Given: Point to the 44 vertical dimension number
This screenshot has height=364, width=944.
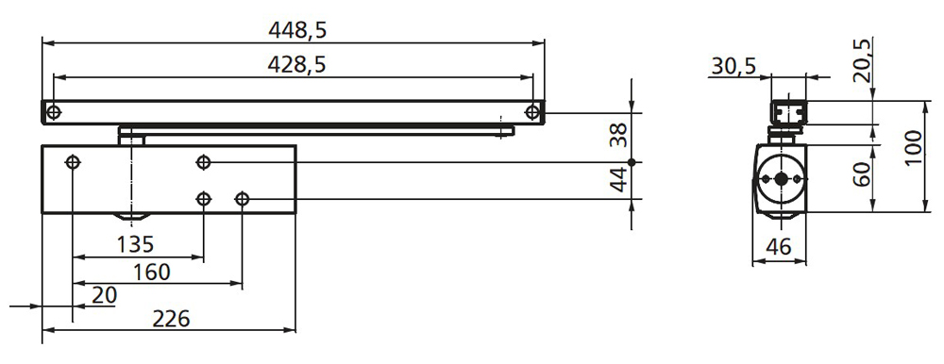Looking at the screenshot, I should pyautogui.click(x=618, y=181).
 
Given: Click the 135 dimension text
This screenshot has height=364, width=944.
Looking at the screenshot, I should pyautogui.click(x=136, y=245).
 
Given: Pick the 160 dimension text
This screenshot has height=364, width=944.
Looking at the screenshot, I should pyautogui.click(x=151, y=273).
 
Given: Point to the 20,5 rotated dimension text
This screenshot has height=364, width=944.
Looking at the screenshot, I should pyautogui.click(x=861, y=61).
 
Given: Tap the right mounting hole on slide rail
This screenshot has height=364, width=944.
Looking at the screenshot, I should pyautogui.click(x=533, y=113).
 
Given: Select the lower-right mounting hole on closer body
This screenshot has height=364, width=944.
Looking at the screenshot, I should pyautogui.click(x=243, y=199).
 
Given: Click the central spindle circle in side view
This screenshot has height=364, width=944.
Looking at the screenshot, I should pyautogui.click(x=781, y=179).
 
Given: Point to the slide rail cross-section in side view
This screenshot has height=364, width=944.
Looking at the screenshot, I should pyautogui.click(x=787, y=112).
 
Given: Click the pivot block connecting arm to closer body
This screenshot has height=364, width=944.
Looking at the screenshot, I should pyautogui.click(x=131, y=135).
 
